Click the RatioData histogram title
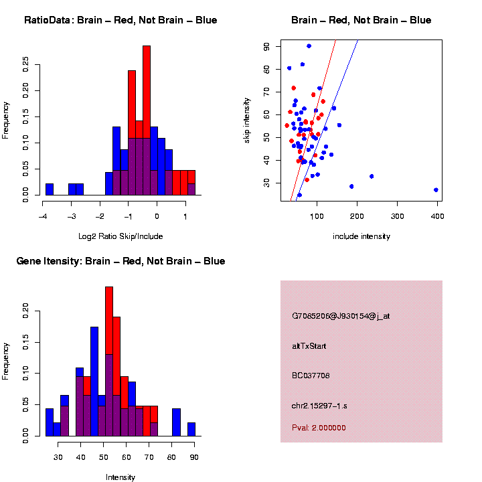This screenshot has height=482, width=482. [120, 21]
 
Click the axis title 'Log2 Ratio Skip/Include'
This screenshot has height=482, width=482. [120, 236]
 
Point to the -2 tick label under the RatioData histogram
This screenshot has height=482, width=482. [100, 216]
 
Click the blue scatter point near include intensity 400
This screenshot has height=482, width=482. [436, 190]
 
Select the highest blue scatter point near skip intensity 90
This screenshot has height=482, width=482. [309, 46]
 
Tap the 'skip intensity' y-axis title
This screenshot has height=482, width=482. [255, 120]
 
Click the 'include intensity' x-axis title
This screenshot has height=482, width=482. [361, 236]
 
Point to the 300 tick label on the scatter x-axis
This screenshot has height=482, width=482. [397, 216]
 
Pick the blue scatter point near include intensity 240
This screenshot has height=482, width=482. [372, 176]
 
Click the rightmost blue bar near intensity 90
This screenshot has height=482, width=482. [191, 429]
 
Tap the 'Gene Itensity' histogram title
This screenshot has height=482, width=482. [120, 261]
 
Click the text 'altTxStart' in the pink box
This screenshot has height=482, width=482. [309, 346]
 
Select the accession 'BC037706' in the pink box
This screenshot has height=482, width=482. [311, 376]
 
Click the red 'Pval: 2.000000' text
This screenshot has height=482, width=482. [319, 428]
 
